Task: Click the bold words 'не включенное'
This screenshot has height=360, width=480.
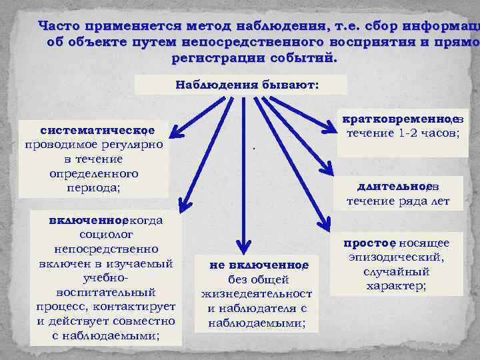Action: tap(257, 265)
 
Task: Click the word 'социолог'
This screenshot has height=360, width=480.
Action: tap(107, 235)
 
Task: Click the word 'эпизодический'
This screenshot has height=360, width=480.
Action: tap(397, 257)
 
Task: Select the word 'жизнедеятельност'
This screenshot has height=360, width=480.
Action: tap(257, 293)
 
